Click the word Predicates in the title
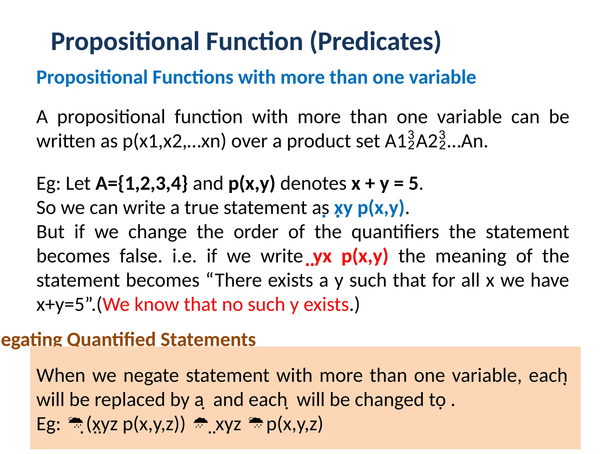(x=376, y=42)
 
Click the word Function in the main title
(x=254, y=42)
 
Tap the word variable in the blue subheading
(x=442, y=77)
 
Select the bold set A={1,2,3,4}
(x=141, y=184)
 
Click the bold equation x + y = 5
(x=384, y=184)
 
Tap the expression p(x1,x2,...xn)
(x=174, y=141)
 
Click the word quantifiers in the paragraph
(x=395, y=232)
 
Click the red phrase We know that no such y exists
(x=226, y=305)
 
